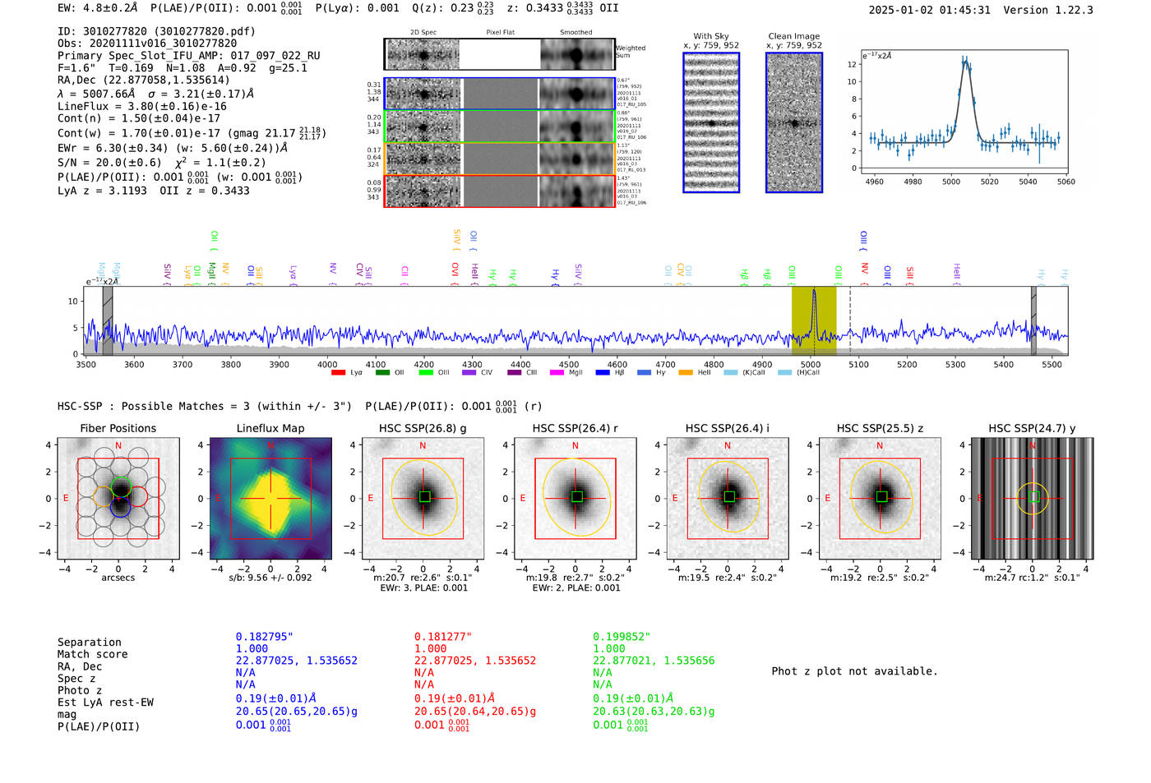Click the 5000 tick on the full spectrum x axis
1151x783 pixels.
tap(811, 364)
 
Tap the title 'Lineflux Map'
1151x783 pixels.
tap(270, 428)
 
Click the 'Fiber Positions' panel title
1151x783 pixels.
tap(118, 428)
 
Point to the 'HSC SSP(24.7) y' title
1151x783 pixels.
tap(1032, 428)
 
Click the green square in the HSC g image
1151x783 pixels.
tap(424, 496)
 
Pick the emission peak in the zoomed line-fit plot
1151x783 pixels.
tap(964, 60)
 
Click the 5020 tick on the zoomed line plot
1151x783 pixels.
tap(989, 182)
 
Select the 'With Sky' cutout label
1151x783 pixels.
tap(711, 36)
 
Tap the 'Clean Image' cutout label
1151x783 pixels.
tap(793, 36)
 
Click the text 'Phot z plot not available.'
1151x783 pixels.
tap(854, 671)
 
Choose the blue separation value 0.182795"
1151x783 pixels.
tap(264, 637)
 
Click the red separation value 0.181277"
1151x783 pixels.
tap(442, 637)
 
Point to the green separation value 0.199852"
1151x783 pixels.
tap(621, 637)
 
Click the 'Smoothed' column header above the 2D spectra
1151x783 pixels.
tap(575, 33)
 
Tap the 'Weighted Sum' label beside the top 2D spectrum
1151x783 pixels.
tap(630, 52)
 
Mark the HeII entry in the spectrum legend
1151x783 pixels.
tap(704, 373)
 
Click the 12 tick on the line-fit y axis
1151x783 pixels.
tap(852, 64)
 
